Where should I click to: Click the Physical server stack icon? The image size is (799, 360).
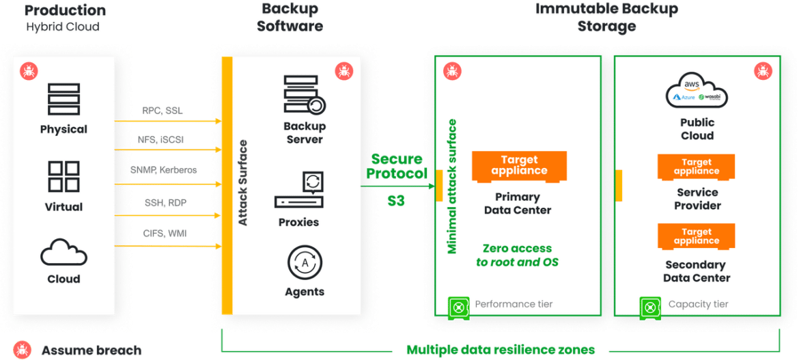64,99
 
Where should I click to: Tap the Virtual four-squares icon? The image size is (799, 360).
64,176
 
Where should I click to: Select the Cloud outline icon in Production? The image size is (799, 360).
64,251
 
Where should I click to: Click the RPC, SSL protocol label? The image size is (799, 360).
163,111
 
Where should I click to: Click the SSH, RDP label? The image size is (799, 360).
165,202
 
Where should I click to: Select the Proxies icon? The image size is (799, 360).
299,190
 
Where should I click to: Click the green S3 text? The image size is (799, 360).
396,200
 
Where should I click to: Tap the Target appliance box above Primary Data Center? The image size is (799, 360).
519,166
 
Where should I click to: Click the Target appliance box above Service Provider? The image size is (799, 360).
696,167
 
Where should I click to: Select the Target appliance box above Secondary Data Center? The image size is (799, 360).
696,236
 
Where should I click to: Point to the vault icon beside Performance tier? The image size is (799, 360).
458,307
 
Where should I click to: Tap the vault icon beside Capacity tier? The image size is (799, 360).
650,307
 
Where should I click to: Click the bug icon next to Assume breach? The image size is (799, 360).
22,350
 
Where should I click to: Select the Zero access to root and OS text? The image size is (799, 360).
517,255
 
